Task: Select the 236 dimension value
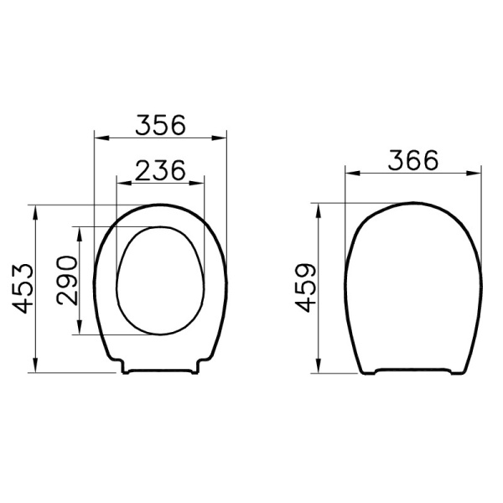[x=160, y=170]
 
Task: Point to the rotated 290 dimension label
[x=67, y=281]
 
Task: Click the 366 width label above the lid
[x=413, y=161]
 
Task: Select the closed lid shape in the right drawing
[x=413, y=285]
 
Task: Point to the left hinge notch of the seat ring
[x=123, y=367]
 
